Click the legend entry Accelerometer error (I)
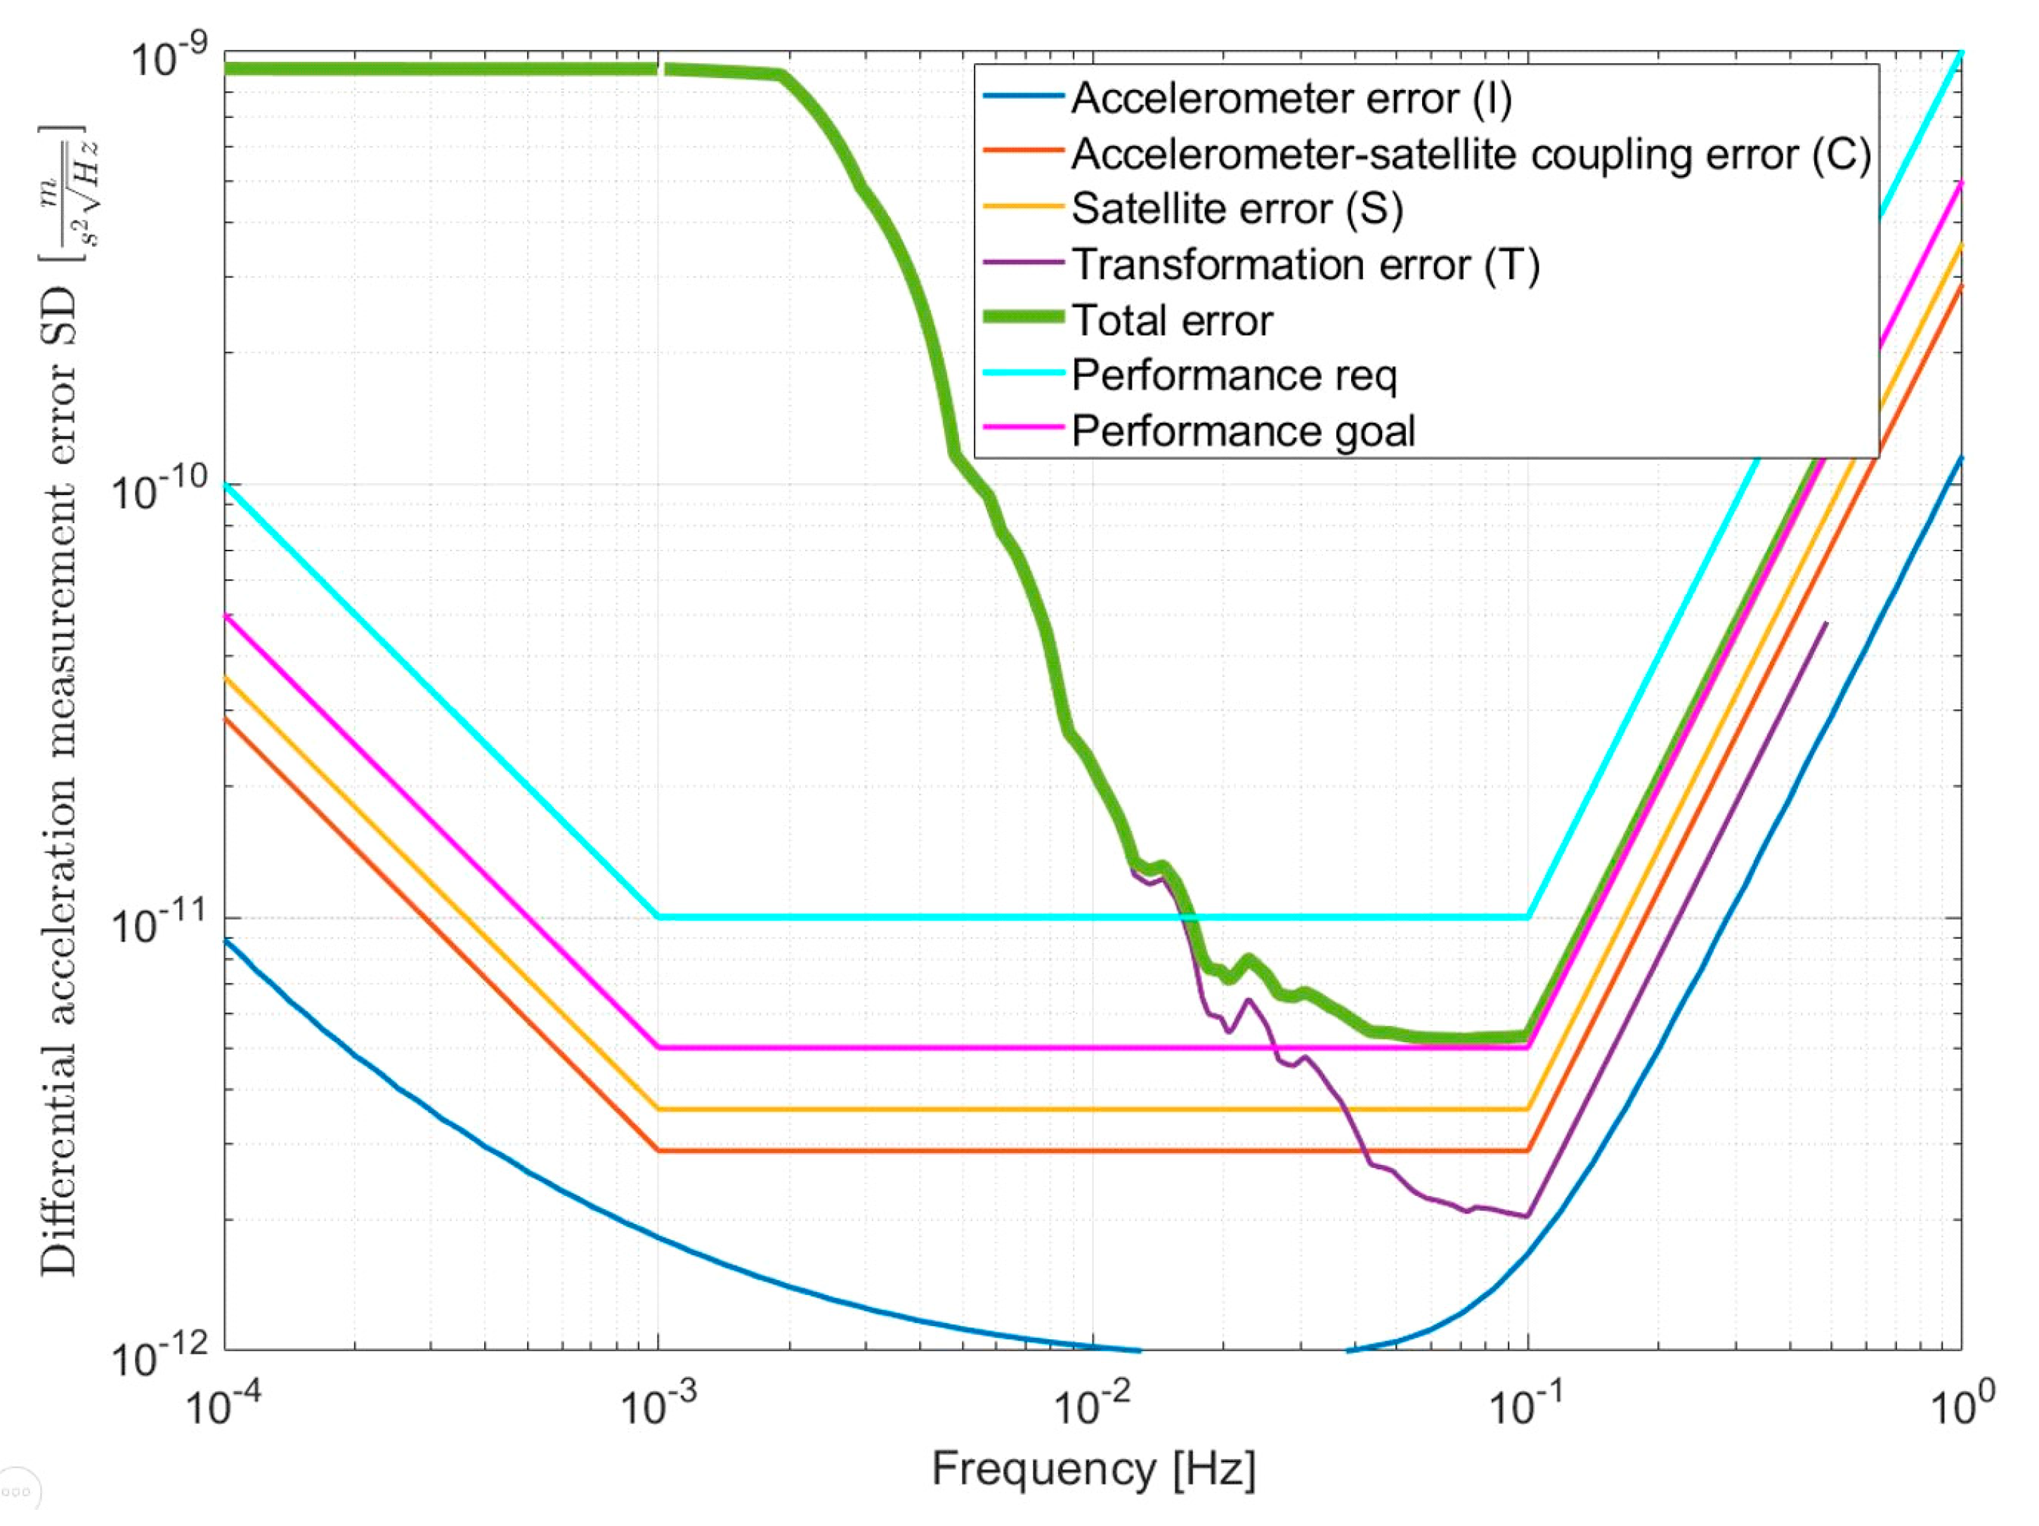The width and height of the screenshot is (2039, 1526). click(1291, 98)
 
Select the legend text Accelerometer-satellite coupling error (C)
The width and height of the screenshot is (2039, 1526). click(1471, 154)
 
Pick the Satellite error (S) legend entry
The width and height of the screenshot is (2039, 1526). click(1237, 209)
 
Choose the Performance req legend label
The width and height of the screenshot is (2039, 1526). click(1233, 376)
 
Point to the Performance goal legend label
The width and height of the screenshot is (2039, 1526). click(1242, 431)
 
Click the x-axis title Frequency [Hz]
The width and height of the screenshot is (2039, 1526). click(1093, 1468)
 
